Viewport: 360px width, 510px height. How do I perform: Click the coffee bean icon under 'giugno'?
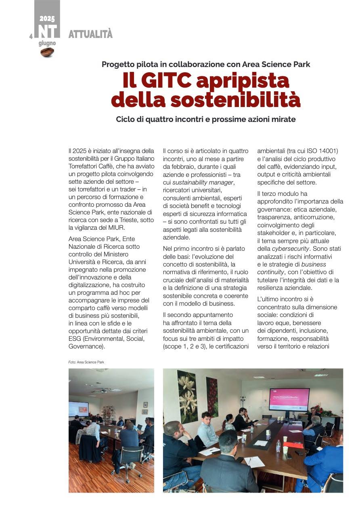point(47,52)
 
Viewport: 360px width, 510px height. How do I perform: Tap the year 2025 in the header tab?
point(47,19)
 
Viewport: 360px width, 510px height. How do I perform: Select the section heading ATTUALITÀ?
point(90,34)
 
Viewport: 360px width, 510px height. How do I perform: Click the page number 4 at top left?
point(31,37)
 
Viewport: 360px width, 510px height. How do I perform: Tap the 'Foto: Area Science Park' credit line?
point(86,362)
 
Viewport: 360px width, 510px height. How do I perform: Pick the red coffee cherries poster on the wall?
point(212,397)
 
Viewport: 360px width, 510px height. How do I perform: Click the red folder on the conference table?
point(293,445)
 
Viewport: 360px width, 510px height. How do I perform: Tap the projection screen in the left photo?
point(78,408)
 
